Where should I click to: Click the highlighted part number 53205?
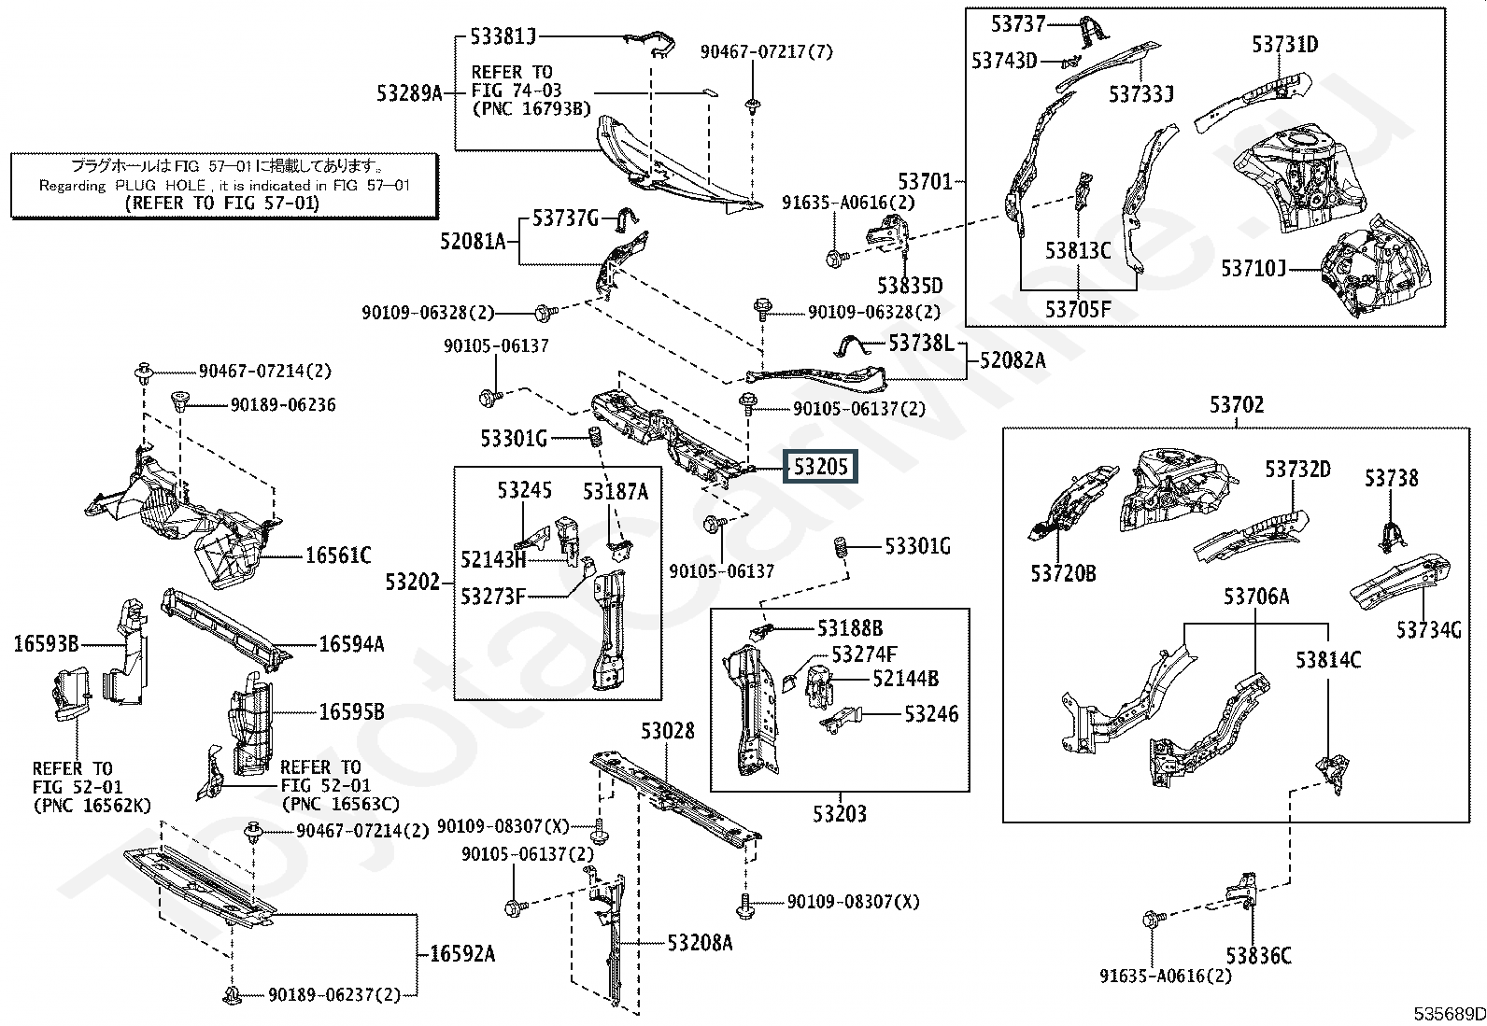coord(820,466)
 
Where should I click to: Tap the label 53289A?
coord(409,92)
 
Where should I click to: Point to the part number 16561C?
coord(337,556)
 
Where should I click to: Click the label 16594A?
coord(351,644)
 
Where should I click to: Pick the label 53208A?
coord(700,943)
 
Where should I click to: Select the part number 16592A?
coord(461,954)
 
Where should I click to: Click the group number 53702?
coord(1236,405)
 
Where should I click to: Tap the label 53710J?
coord(1253,269)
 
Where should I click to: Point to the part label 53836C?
coord(1258,956)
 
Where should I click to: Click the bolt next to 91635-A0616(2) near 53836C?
coord(1151,920)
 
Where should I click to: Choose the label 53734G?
coord(1428,630)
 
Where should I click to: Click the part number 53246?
coord(930,714)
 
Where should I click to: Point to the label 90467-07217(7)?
coord(766,52)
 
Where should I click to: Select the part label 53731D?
coord(1284,44)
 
